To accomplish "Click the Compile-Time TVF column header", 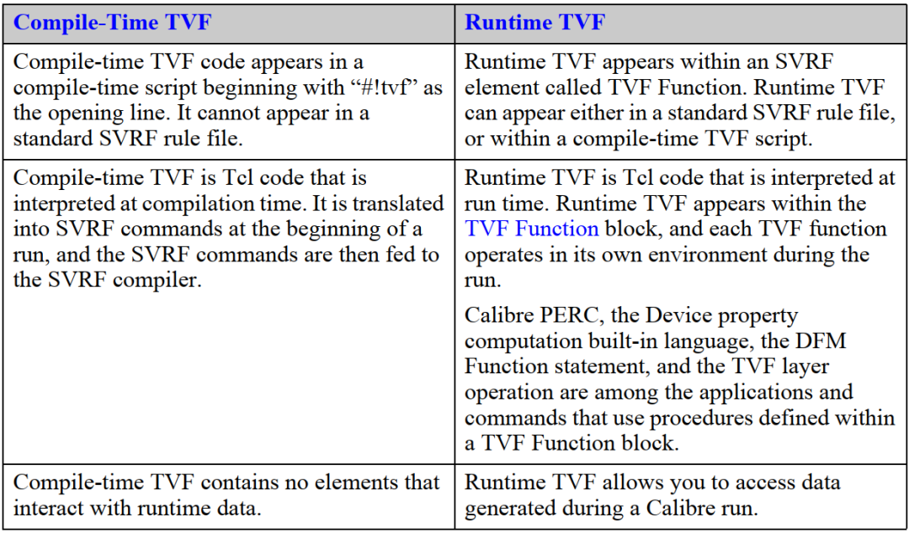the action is click(x=112, y=23).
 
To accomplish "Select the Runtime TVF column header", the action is click(x=534, y=23).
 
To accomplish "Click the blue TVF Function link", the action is click(x=532, y=229).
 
